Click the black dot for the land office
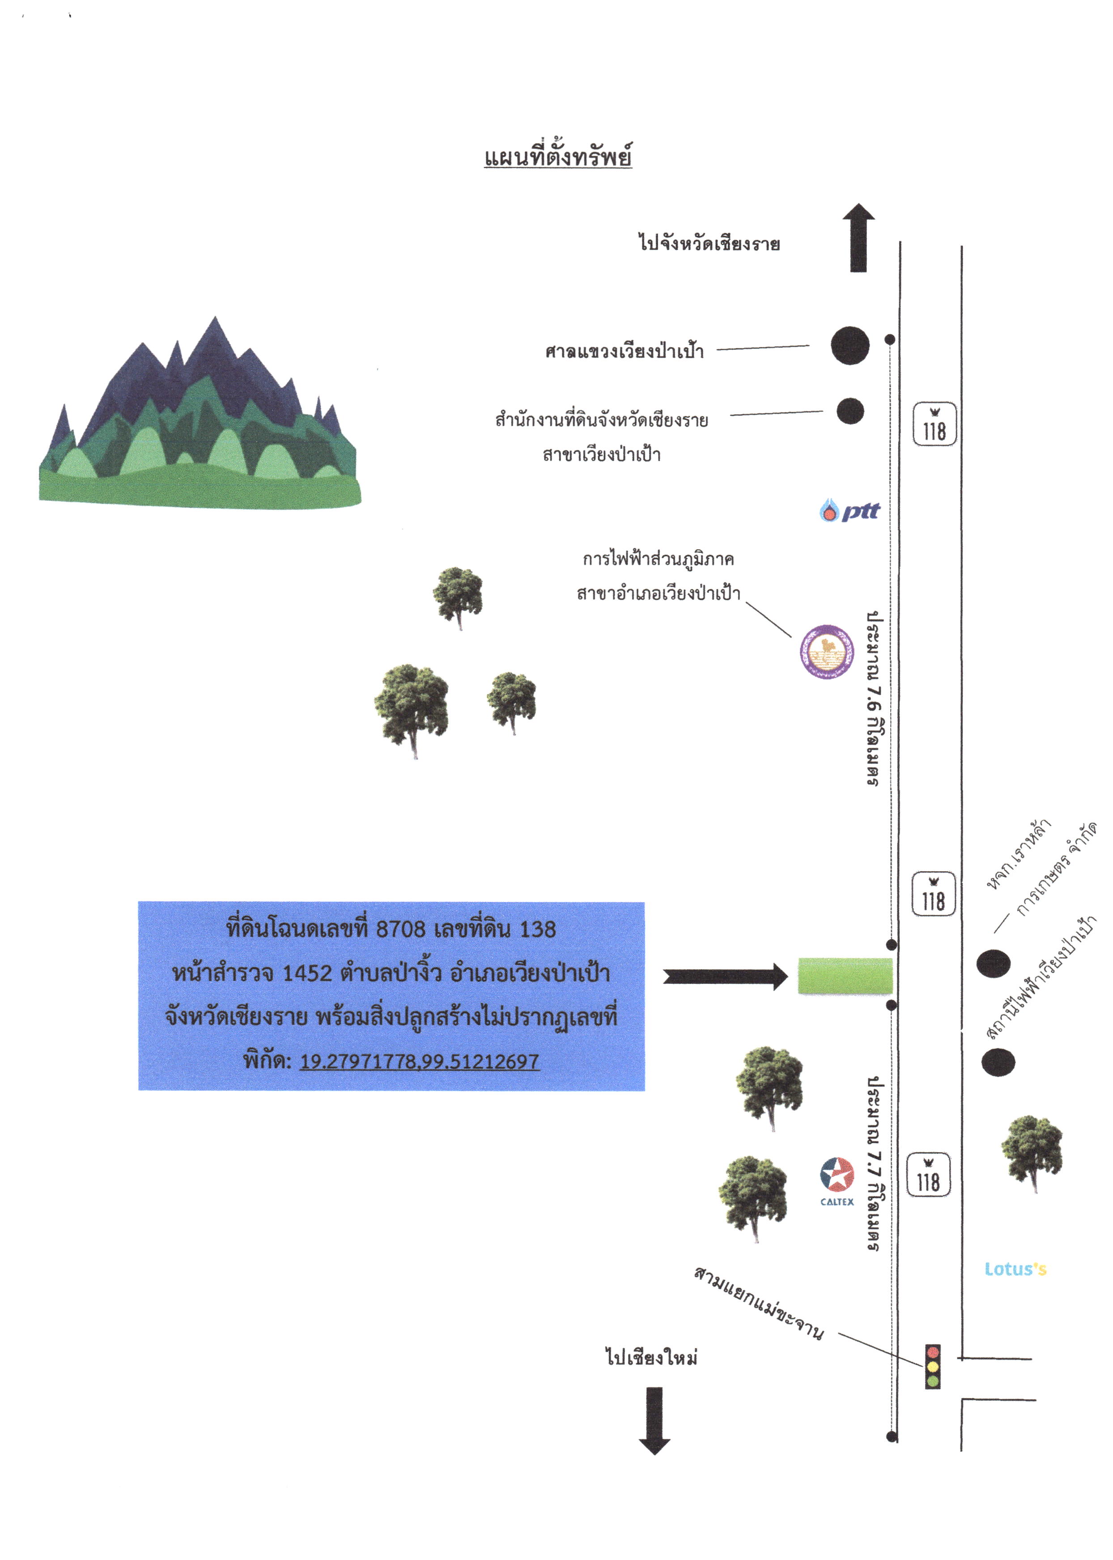click(x=850, y=411)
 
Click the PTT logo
click(x=850, y=510)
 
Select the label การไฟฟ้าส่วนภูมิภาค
click(x=658, y=559)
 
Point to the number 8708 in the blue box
click(x=401, y=929)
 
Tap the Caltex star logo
click(x=837, y=1175)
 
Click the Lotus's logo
click(x=1015, y=1269)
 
